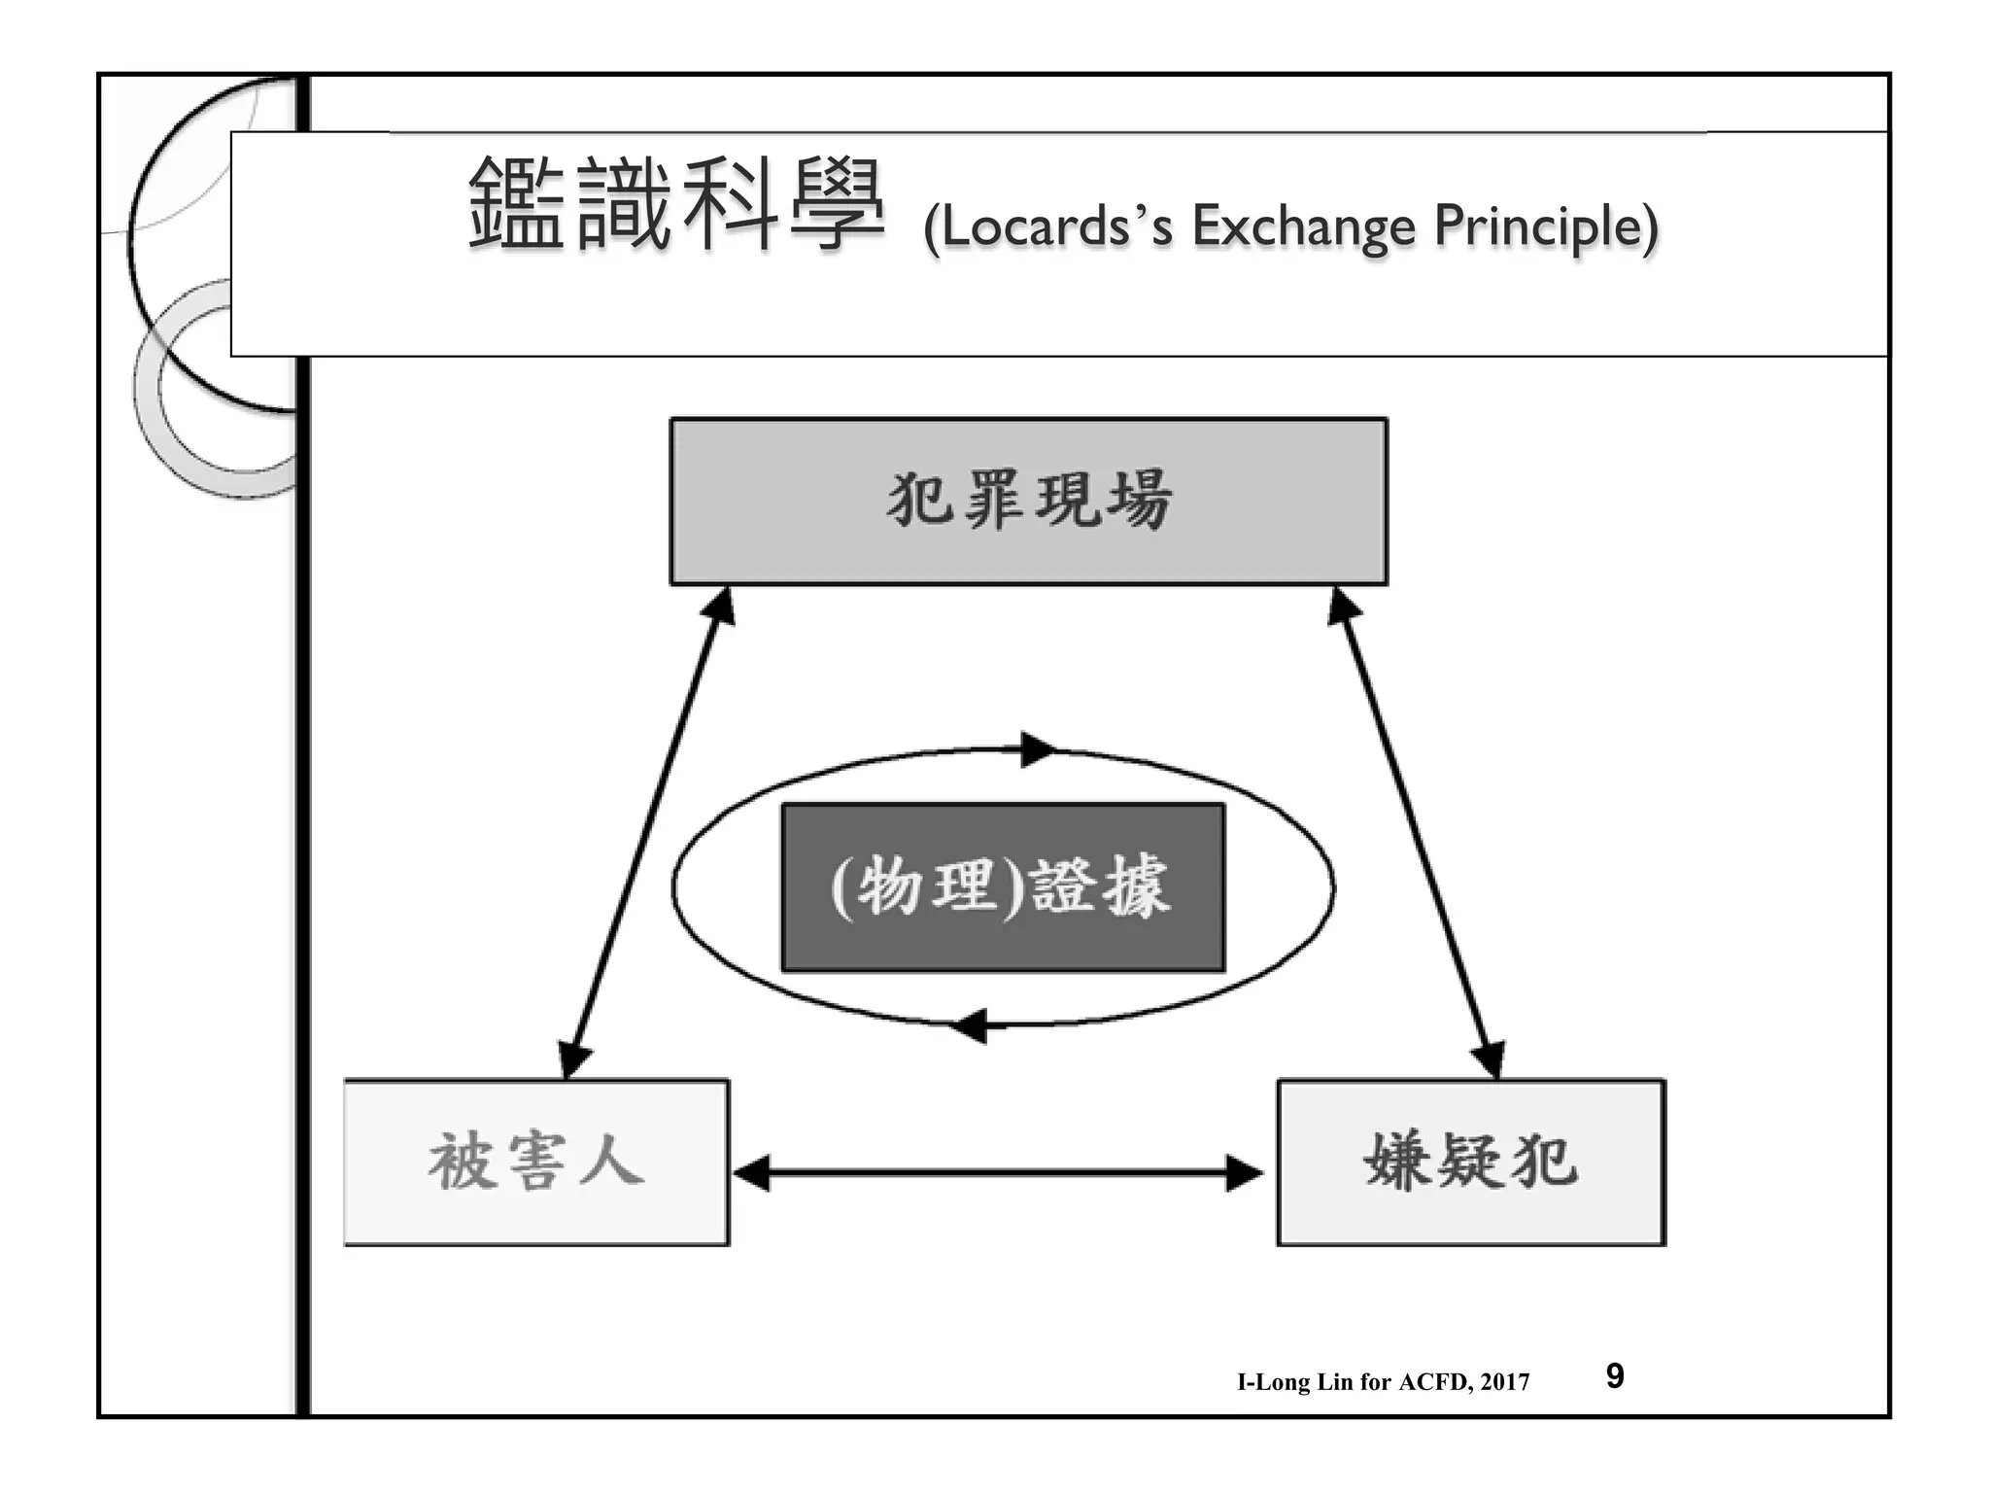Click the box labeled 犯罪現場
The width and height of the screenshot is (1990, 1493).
coord(1028,501)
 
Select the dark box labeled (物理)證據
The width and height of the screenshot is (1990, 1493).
coord(1003,886)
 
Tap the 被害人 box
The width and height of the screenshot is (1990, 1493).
coord(536,1162)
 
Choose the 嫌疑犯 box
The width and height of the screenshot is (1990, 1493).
coord(1470,1162)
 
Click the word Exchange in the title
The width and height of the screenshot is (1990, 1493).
coord(1304,227)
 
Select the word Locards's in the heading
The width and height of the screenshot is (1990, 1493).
coord(1053,227)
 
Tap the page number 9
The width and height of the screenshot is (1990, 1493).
coord(1615,1376)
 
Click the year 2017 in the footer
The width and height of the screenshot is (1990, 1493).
coord(1505,1382)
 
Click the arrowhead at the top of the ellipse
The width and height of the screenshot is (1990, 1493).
coord(1037,749)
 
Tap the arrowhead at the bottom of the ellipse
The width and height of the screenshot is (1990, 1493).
coord(970,1025)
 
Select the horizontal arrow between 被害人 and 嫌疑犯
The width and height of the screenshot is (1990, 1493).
coord(997,1173)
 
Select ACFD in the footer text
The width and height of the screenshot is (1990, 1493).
coord(1432,1382)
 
